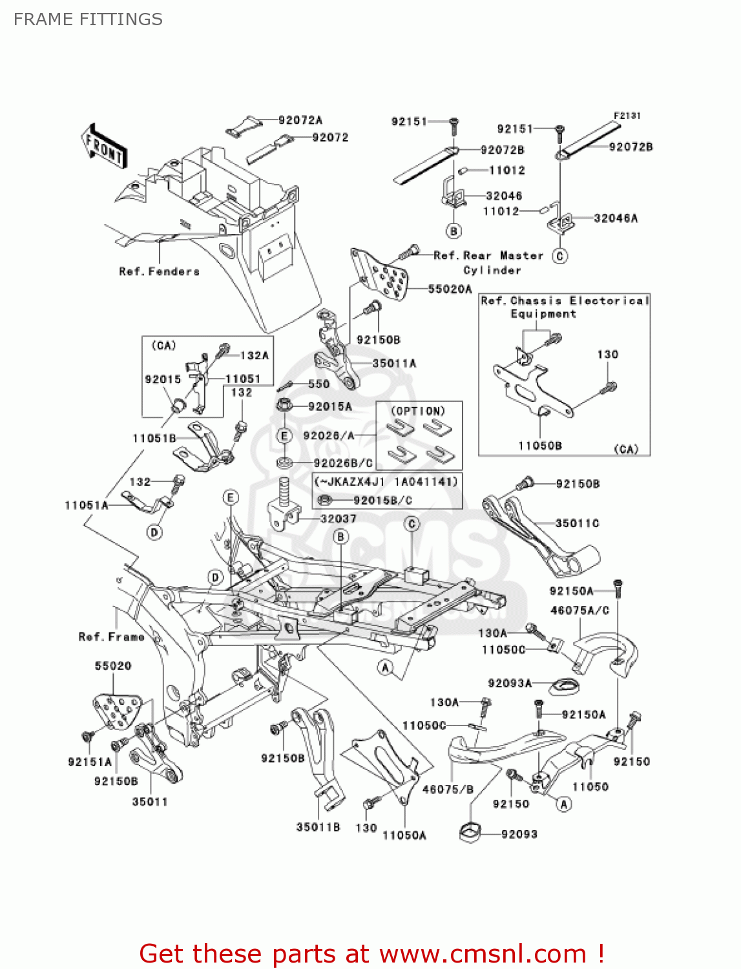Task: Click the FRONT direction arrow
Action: pyautogui.click(x=104, y=147)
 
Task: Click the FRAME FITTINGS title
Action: pyautogui.click(x=88, y=19)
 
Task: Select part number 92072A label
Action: pyautogui.click(x=300, y=120)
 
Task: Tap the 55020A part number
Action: pyautogui.click(x=450, y=289)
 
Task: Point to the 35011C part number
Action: pyautogui.click(x=577, y=523)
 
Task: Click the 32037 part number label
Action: pyautogui.click(x=338, y=519)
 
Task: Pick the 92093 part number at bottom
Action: pyautogui.click(x=519, y=834)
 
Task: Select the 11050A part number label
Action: pyautogui.click(x=404, y=835)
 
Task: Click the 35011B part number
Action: pyautogui.click(x=318, y=827)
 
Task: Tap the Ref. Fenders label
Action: pyautogui.click(x=159, y=271)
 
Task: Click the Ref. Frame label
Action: pyautogui.click(x=111, y=637)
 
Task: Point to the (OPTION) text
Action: pyautogui.click(x=418, y=411)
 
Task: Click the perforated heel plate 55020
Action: pyautogui.click(x=116, y=709)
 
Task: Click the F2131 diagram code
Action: pyautogui.click(x=626, y=116)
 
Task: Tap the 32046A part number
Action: pyautogui.click(x=615, y=218)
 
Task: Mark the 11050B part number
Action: pyautogui.click(x=539, y=445)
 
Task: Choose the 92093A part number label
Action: pyautogui.click(x=510, y=683)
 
